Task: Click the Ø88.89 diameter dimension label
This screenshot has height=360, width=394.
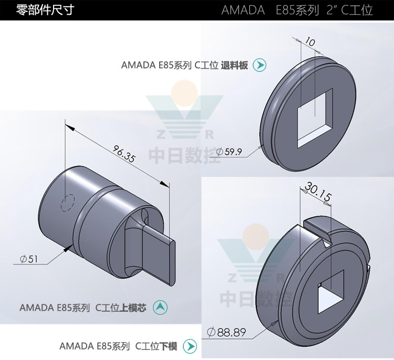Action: (x=226, y=332)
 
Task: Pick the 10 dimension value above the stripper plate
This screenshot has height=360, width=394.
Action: (x=309, y=41)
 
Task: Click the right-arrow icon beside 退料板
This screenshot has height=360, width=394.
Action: (x=260, y=65)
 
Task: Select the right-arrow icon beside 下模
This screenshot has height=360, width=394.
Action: (x=190, y=346)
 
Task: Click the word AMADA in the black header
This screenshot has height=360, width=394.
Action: (x=243, y=10)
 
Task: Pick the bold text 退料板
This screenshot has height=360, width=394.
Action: (x=234, y=66)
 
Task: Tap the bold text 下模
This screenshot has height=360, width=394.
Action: (x=169, y=346)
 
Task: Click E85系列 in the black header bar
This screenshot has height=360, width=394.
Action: (x=298, y=10)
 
